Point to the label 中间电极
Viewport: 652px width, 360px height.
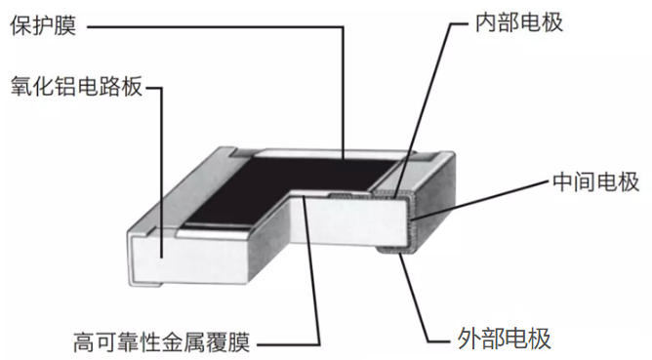pos(595,182)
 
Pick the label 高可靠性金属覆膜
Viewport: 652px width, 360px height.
pos(162,341)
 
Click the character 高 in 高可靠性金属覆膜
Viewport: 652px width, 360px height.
pos(84,341)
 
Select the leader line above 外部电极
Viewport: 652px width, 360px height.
pos(416,293)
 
